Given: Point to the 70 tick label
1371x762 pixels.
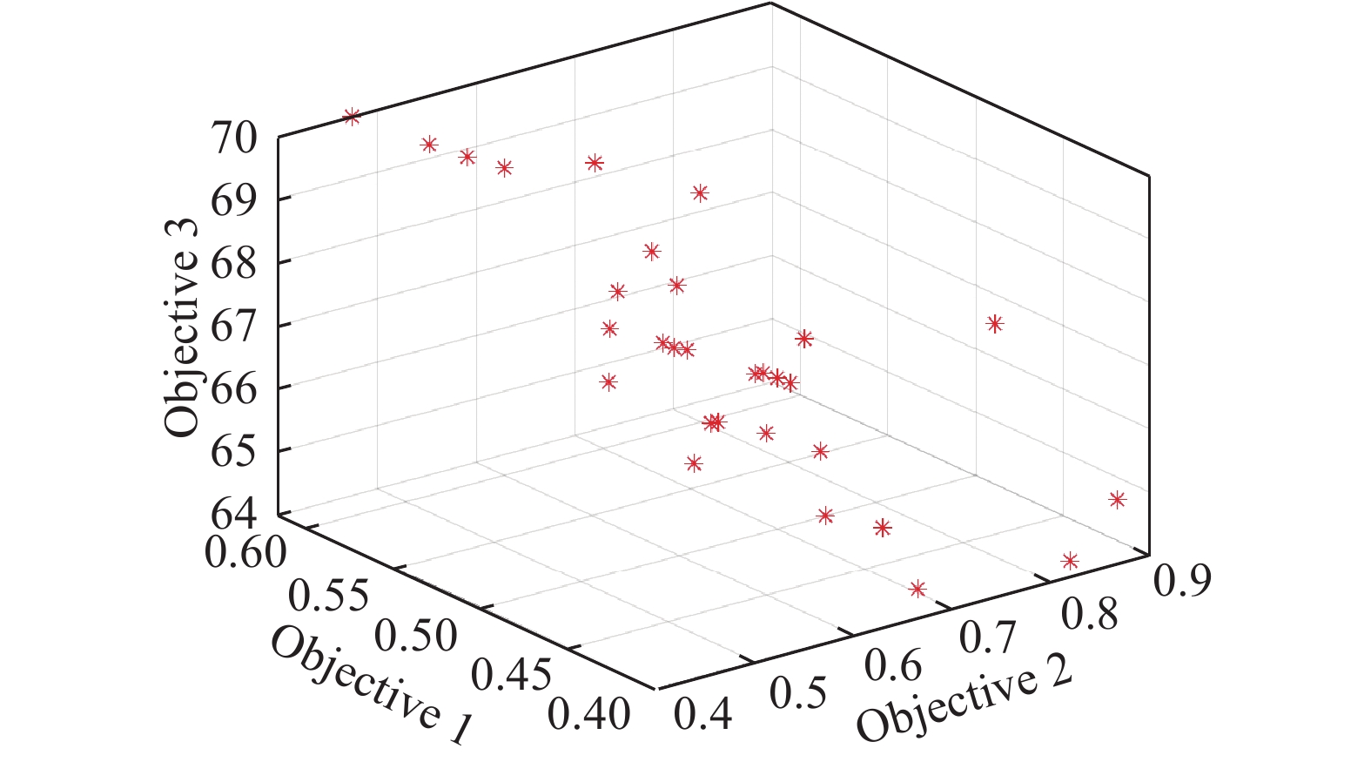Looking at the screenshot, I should point(233,138).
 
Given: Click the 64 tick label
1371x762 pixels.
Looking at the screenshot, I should point(233,512).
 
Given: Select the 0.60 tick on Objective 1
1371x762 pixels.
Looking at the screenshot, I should point(245,552).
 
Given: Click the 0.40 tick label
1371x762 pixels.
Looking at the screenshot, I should point(590,715).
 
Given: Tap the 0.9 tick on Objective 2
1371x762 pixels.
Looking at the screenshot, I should point(1181,579).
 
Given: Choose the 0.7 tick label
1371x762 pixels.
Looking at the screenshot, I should point(987,638).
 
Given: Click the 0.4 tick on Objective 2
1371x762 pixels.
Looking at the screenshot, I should point(703,715).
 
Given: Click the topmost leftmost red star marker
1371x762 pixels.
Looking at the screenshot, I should point(352,117).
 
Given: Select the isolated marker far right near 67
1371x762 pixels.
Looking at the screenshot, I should point(994,324).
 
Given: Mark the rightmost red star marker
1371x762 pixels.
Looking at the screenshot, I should point(1117,500).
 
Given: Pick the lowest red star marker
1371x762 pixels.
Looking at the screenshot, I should point(917,590).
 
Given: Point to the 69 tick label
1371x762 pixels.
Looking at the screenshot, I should point(233,200).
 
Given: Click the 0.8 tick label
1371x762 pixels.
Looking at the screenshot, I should point(1090,615).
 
